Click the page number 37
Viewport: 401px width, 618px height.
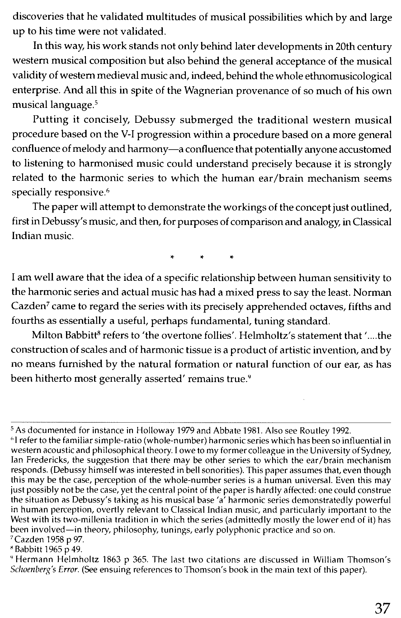click(x=382, y=607)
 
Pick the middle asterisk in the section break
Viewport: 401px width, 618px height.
click(x=202, y=258)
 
